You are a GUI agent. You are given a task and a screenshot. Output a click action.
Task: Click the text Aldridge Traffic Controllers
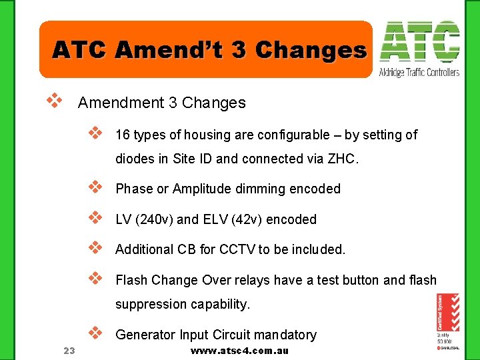(x=419, y=72)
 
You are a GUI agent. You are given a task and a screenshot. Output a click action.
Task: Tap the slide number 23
(x=68, y=351)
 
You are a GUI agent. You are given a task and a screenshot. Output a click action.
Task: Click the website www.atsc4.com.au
(x=239, y=351)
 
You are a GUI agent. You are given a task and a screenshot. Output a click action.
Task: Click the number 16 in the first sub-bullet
(x=123, y=135)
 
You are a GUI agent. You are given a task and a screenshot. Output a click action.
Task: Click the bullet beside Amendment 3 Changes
(x=54, y=101)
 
